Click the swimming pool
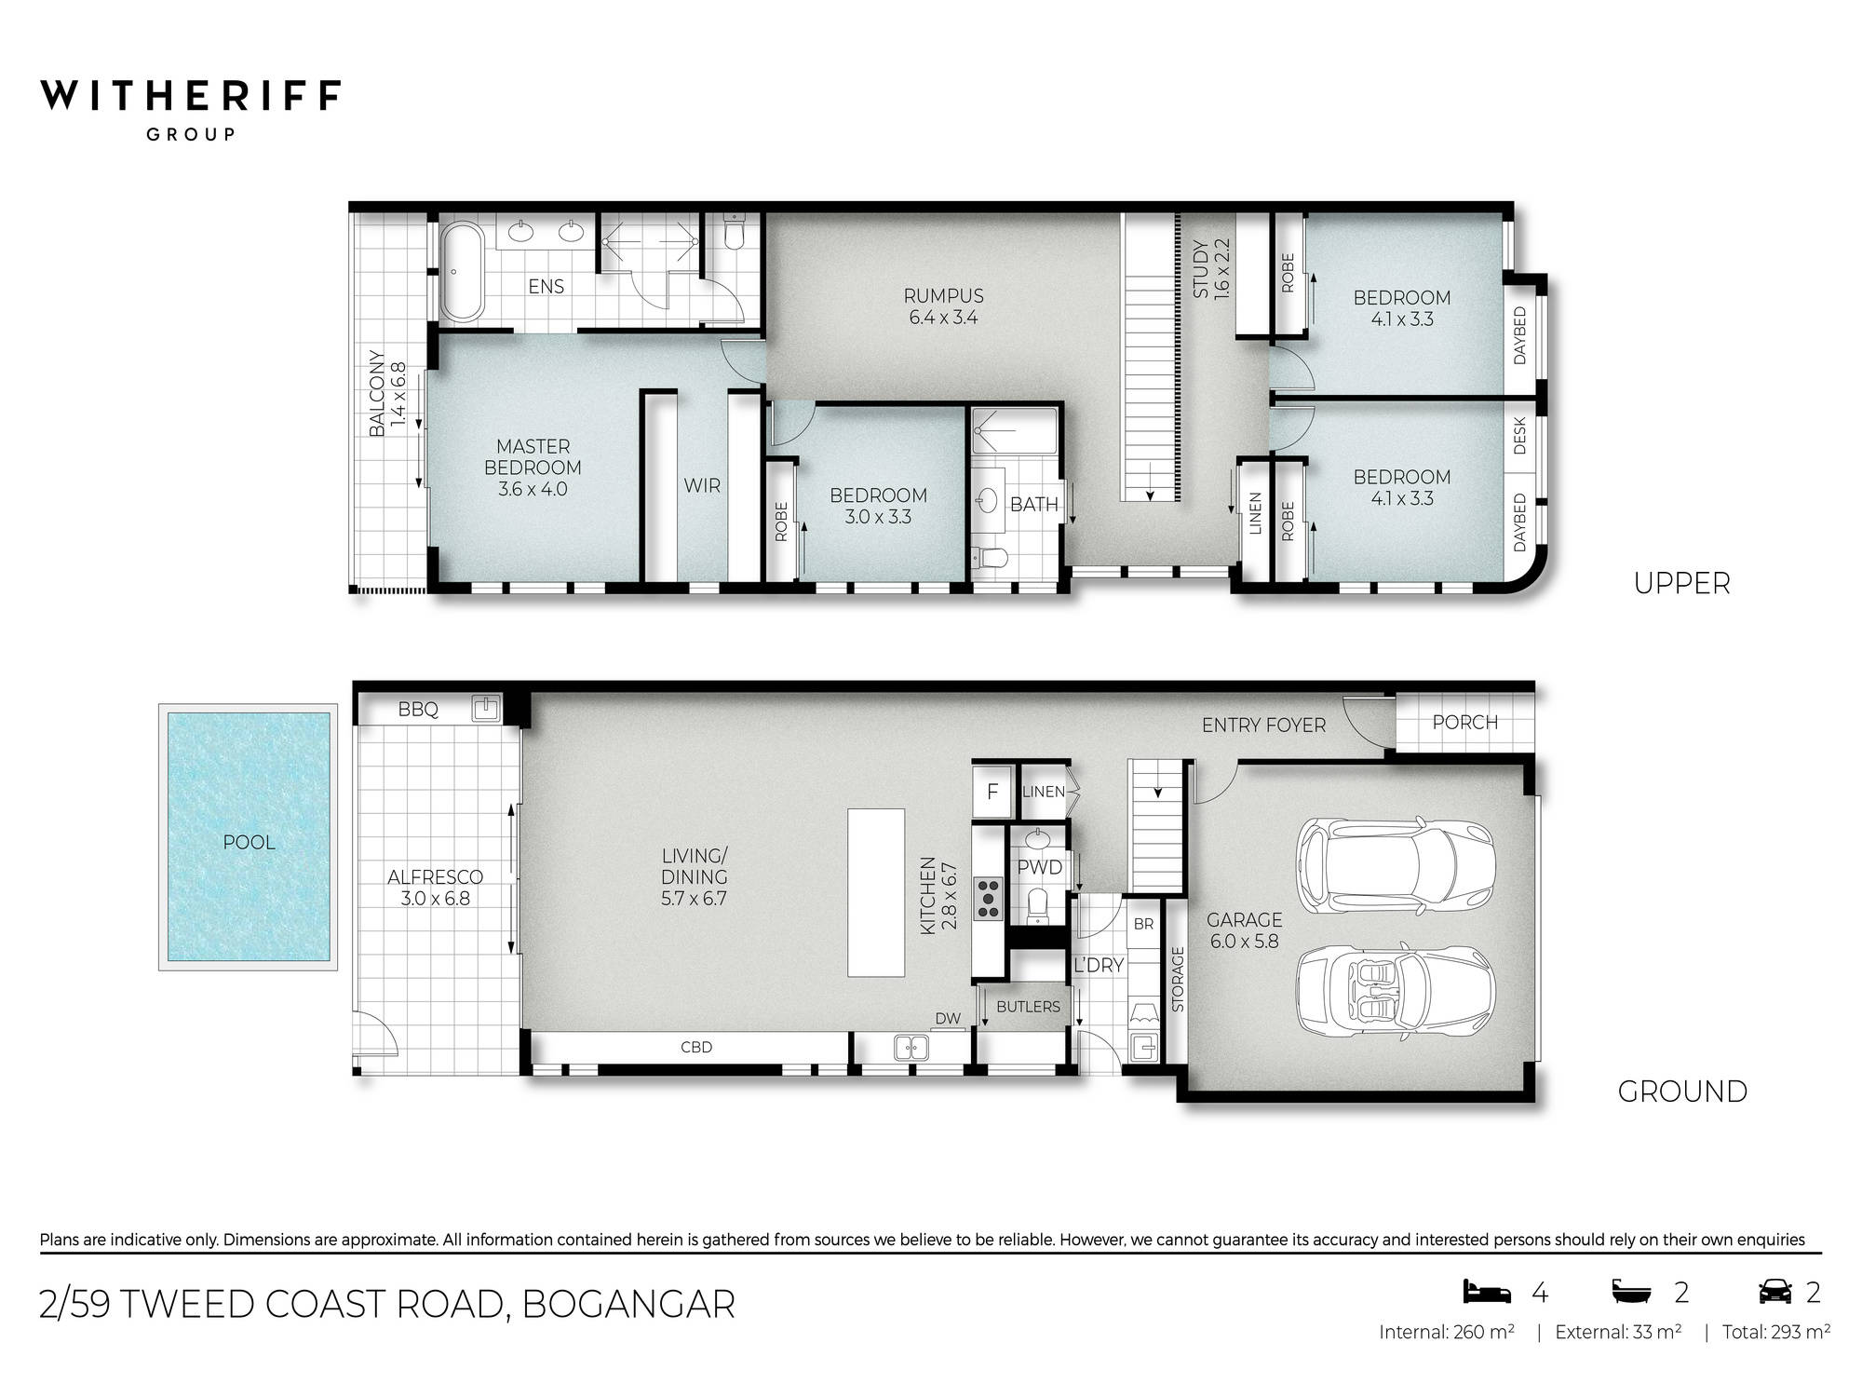click(x=249, y=836)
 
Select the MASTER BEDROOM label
click(x=533, y=467)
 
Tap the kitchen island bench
click(x=875, y=891)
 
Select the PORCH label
click(x=1464, y=723)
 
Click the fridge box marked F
click(x=992, y=793)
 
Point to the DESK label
click(x=1519, y=435)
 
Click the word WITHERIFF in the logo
click(x=191, y=96)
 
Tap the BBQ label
click(x=418, y=710)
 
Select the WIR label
click(x=702, y=485)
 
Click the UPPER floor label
click(x=1681, y=583)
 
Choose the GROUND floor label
click(x=1681, y=1091)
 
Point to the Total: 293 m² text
click(x=1775, y=1332)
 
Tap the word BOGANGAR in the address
click(x=628, y=1304)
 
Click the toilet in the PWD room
click(x=1037, y=906)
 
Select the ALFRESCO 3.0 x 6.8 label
click(x=435, y=888)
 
